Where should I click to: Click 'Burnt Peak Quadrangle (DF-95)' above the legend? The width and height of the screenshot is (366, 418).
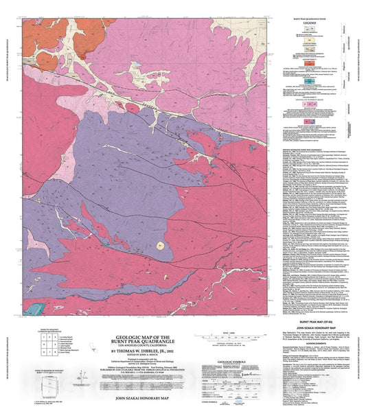pos(306,14)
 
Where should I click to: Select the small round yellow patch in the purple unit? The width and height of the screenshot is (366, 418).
pos(161,244)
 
